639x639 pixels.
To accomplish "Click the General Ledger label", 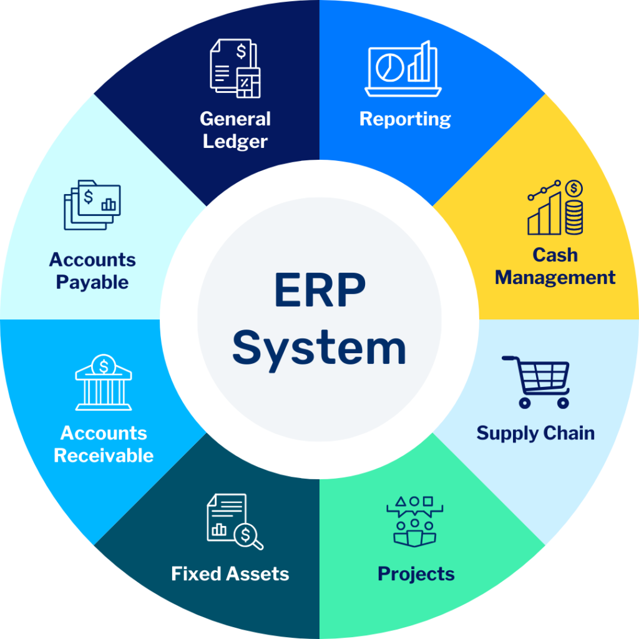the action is tap(235, 130).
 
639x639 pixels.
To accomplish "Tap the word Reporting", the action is tap(405, 119).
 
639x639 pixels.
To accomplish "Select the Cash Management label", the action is tap(555, 266).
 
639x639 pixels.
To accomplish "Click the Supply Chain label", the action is tap(535, 434).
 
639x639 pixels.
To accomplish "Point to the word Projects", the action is tap(416, 575).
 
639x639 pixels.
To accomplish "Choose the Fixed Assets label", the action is tap(230, 574).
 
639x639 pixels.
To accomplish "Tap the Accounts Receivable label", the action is tap(104, 444).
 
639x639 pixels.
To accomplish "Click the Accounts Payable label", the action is tap(92, 271).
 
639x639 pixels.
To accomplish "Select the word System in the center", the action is tap(319, 349).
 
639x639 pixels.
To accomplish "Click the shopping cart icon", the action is tap(536, 382).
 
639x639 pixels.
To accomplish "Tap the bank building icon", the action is tap(104, 382).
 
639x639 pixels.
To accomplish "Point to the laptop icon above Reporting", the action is tap(403, 69).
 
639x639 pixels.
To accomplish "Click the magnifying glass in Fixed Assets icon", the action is tap(248, 536).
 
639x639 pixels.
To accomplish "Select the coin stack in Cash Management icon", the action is tap(574, 217).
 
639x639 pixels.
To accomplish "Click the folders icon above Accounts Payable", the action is tap(92, 205).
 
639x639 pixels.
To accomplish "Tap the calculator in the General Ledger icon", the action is tap(248, 83).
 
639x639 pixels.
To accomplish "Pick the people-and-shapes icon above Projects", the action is tap(415, 522).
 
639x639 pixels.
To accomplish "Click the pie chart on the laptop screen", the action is tap(389, 67).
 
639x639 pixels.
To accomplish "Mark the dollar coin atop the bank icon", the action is tap(104, 366).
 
